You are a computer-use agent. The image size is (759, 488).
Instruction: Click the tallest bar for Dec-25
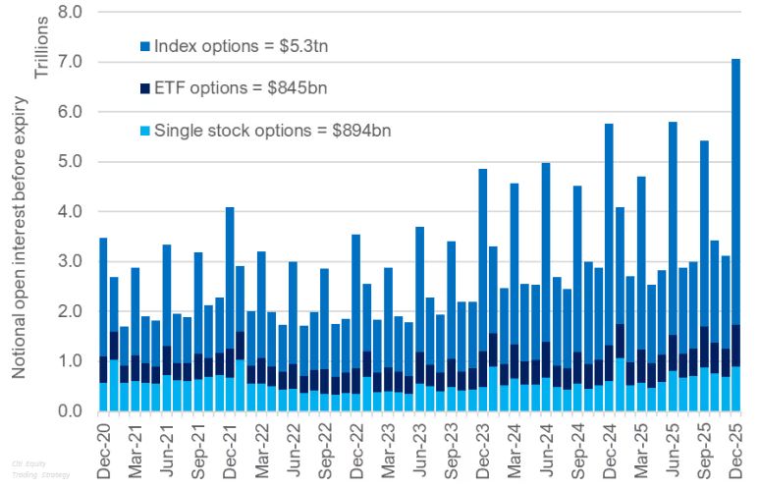(x=735, y=236)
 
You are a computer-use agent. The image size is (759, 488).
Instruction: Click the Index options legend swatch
(x=145, y=46)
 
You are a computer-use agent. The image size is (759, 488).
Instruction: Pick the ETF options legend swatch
(x=145, y=88)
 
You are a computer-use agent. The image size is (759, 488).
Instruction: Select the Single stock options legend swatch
(x=145, y=131)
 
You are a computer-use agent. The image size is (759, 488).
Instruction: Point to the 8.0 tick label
(x=72, y=13)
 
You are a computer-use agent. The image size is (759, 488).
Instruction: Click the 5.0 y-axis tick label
(x=72, y=162)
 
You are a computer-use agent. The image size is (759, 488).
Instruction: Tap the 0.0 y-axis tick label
(x=72, y=411)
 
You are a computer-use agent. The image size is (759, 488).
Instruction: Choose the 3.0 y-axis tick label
(x=72, y=262)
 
